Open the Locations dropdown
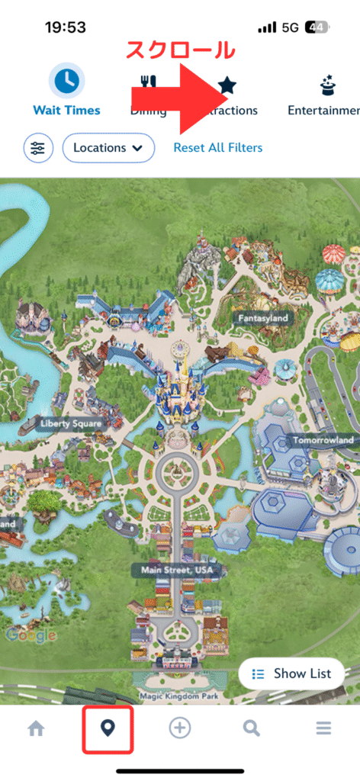coord(108,148)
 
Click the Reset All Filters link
coord(217,148)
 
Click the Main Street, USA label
coord(175,570)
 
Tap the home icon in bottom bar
coord(36,728)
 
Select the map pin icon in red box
coord(108,728)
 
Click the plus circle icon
coord(179,728)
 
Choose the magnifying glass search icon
coord(252,728)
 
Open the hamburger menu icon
coord(323,728)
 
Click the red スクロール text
coord(179,50)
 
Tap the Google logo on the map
coord(31,635)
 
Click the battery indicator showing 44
coord(317,27)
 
